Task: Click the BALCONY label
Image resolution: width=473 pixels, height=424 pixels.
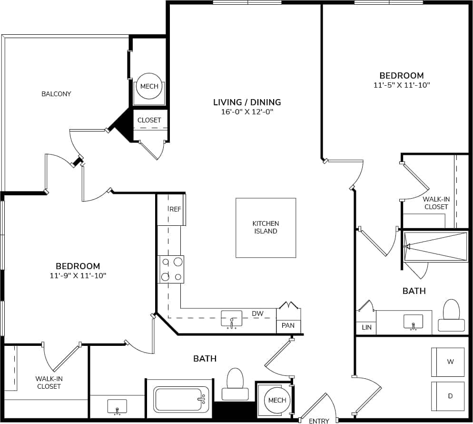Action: pyautogui.click(x=56, y=94)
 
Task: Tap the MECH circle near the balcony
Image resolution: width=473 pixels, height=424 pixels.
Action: pyautogui.click(x=149, y=87)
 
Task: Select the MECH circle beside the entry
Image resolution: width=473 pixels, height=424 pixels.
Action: pyautogui.click(x=277, y=400)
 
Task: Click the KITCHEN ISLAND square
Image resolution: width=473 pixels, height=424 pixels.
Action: pyautogui.click(x=266, y=228)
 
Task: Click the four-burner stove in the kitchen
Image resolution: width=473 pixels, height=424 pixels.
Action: pyautogui.click(x=171, y=269)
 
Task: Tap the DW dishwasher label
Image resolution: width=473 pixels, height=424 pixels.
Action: pyautogui.click(x=257, y=313)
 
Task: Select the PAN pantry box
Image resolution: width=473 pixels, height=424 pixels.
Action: pyautogui.click(x=288, y=325)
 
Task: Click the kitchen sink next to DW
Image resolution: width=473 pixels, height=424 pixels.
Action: pyautogui.click(x=231, y=318)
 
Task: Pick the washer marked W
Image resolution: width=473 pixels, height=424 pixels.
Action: pyautogui.click(x=448, y=362)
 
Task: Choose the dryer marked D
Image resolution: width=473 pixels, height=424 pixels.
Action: pyautogui.click(x=448, y=396)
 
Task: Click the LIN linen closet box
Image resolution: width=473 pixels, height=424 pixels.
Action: pyautogui.click(x=366, y=328)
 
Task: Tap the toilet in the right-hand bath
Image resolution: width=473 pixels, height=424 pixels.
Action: pyautogui.click(x=451, y=315)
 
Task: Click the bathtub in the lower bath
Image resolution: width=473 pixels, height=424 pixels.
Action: pyautogui.click(x=181, y=400)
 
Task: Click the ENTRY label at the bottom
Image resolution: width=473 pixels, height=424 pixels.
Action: pyautogui.click(x=318, y=421)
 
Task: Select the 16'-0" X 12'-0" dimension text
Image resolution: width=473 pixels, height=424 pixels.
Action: pyautogui.click(x=246, y=112)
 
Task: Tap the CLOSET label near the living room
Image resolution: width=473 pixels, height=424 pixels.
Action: pyautogui.click(x=149, y=120)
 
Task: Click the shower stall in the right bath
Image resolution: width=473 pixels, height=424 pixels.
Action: pyautogui.click(x=435, y=246)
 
